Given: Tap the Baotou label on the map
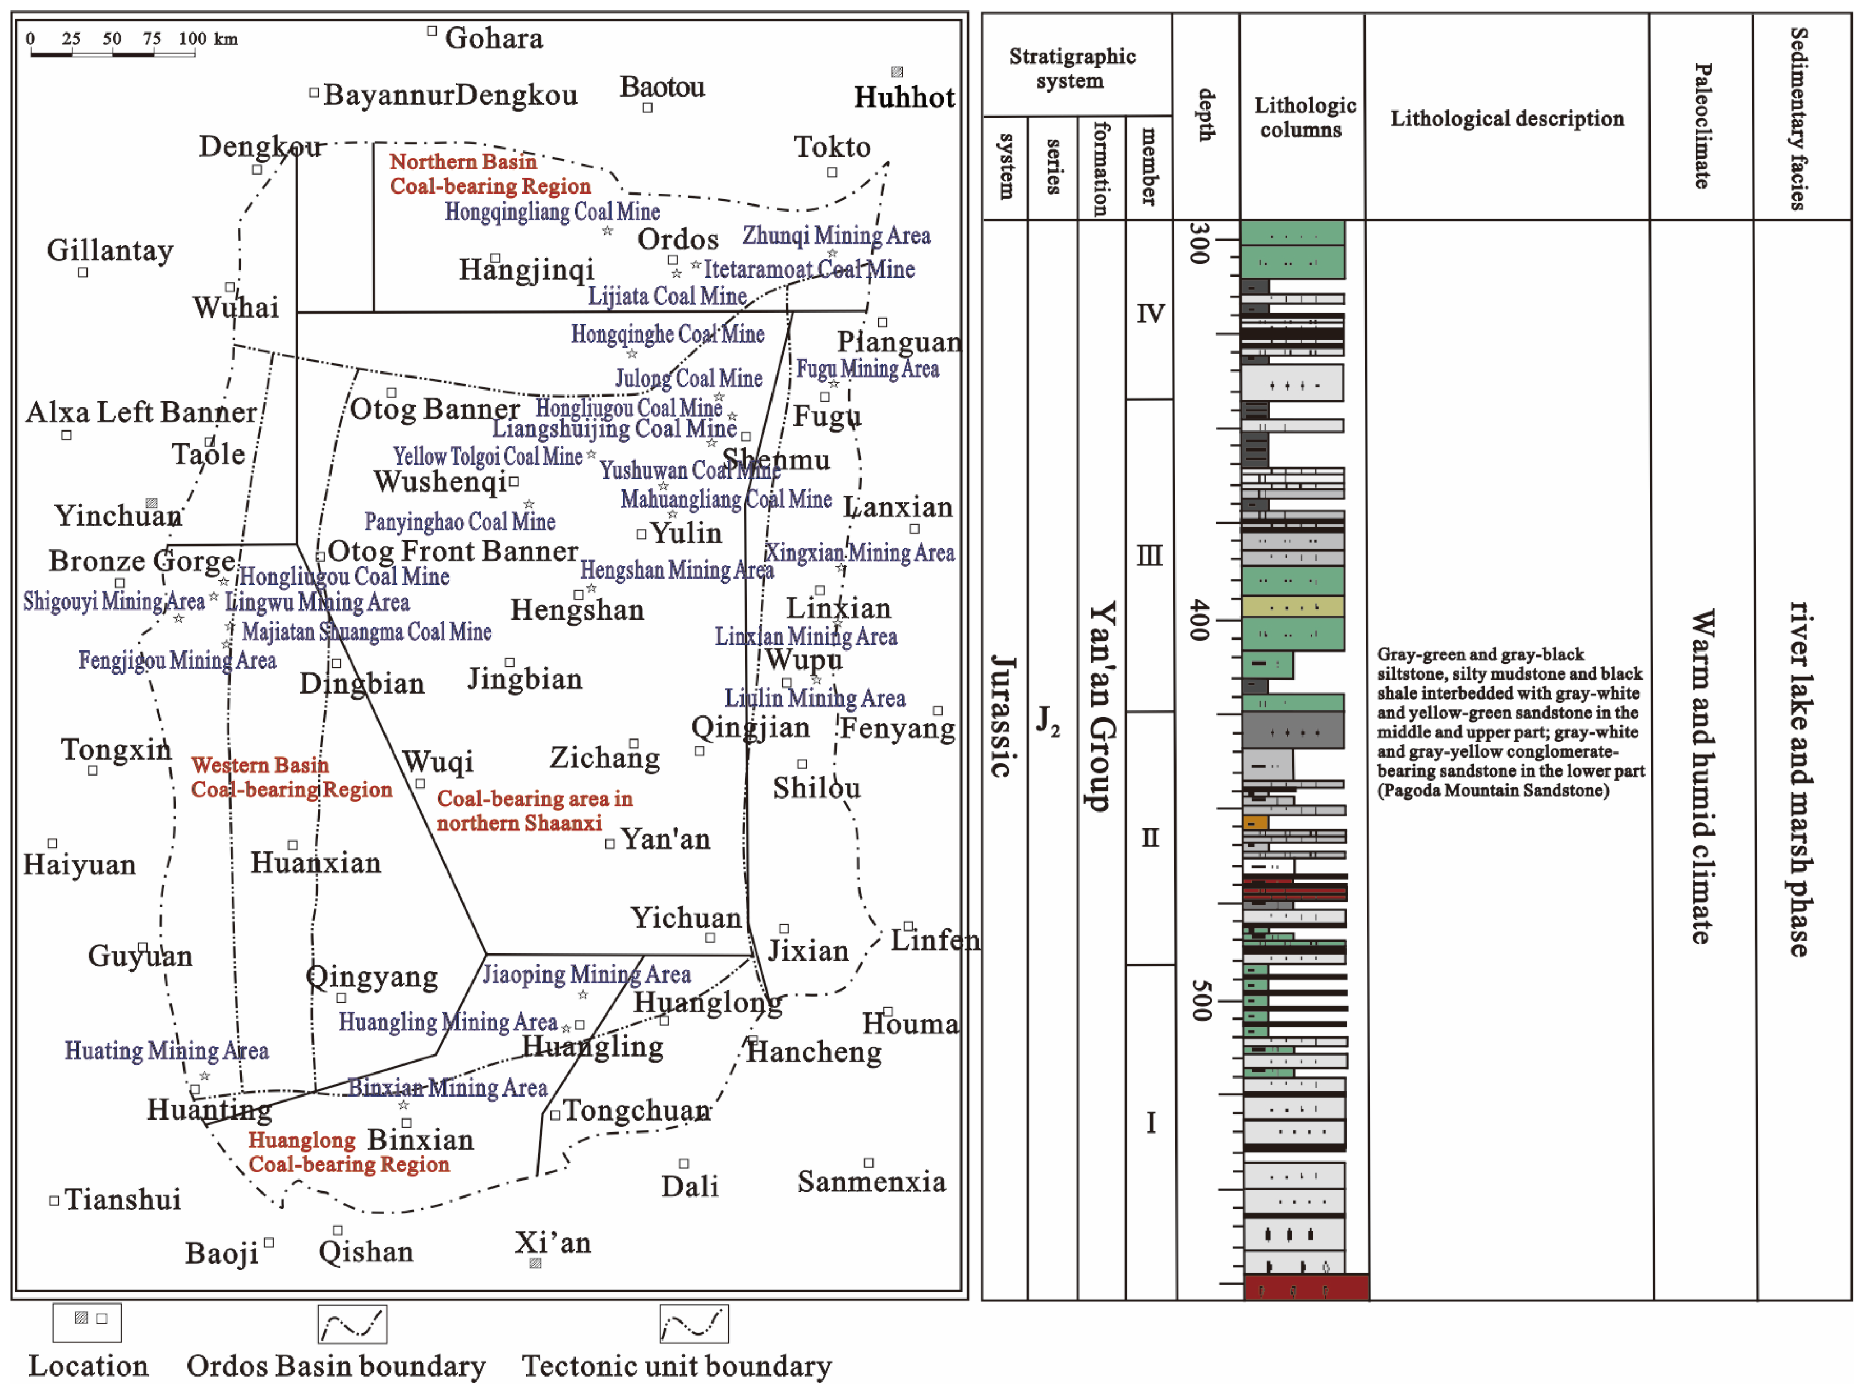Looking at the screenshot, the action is coord(662,86).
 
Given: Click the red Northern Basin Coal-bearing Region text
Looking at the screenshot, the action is coord(490,173).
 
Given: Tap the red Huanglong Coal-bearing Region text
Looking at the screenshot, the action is coord(348,1152).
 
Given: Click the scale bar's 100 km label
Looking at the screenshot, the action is coord(208,39).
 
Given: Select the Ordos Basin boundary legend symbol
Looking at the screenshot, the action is coord(352,1324).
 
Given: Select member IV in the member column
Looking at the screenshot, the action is coord(1150,314).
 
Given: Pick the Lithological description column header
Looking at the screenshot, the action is coord(1506,118).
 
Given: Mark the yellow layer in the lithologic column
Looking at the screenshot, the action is coord(1292,606).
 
